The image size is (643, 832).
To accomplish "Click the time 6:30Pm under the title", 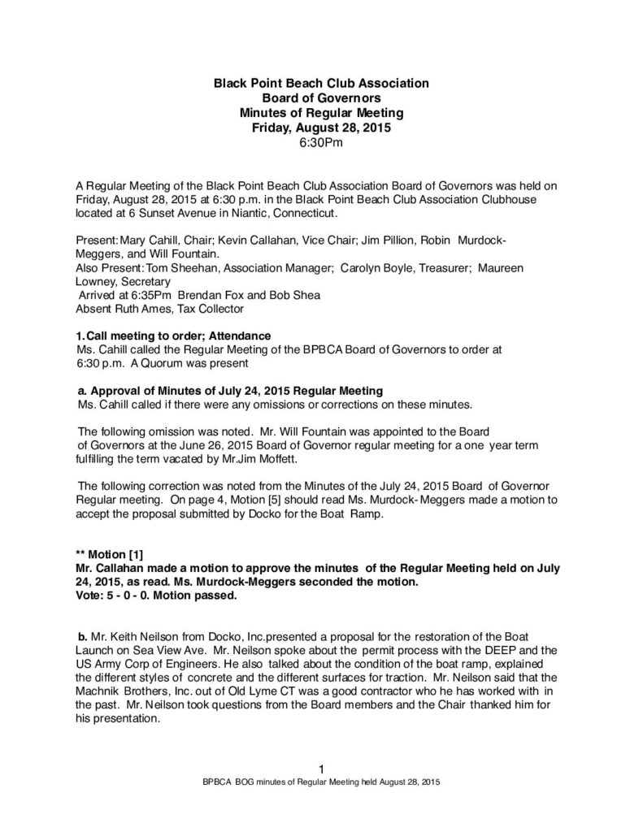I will point(321,143).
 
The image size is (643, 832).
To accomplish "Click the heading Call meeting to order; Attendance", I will point(178,336).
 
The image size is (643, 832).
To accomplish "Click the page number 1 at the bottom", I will point(321,769).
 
